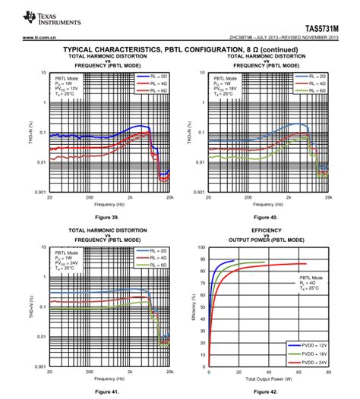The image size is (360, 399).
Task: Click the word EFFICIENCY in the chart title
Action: tap(267, 229)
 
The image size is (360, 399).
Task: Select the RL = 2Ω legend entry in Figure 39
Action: tap(152, 77)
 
